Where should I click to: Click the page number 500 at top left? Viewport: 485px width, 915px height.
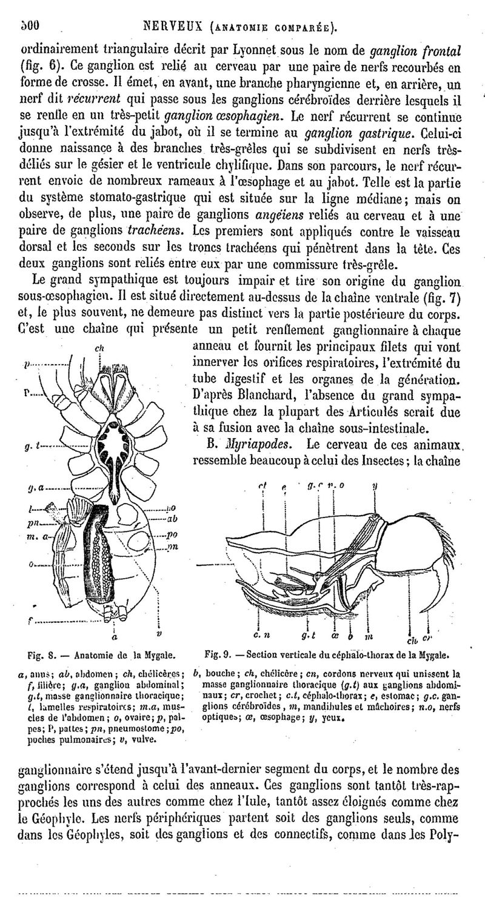pyautogui.click(x=28, y=26)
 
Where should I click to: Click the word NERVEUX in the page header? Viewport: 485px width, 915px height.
pyautogui.click(x=173, y=27)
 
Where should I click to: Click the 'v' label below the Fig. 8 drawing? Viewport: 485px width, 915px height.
pyautogui.click(x=159, y=634)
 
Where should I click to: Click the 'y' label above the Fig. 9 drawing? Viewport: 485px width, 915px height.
pyautogui.click(x=375, y=485)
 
